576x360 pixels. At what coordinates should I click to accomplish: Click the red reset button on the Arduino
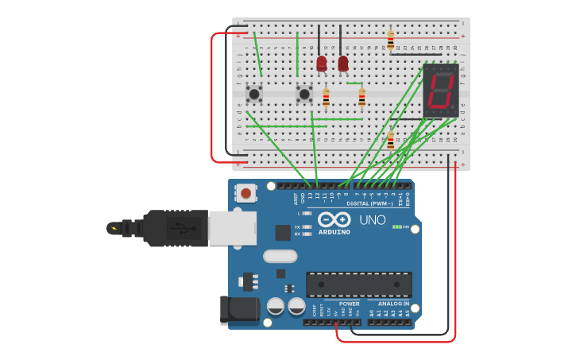(x=246, y=192)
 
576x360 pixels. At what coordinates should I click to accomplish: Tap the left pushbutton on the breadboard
(x=254, y=95)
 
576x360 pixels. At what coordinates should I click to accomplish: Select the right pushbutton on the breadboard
(x=304, y=95)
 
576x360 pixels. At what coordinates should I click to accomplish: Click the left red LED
(x=321, y=63)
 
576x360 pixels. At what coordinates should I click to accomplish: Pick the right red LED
(x=342, y=63)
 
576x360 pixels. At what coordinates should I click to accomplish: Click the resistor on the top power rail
(x=390, y=39)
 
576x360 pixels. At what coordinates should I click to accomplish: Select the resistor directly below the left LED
(x=326, y=98)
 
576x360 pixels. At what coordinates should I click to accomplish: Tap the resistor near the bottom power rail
(x=390, y=141)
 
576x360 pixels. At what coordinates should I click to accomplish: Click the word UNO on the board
(x=372, y=220)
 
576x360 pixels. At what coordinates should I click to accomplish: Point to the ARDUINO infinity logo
(x=334, y=219)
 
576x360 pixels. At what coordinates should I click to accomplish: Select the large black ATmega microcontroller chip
(x=358, y=284)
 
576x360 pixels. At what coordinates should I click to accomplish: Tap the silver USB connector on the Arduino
(x=232, y=227)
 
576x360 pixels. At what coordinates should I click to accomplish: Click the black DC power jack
(x=239, y=309)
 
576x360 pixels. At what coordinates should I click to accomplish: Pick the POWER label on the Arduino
(x=349, y=304)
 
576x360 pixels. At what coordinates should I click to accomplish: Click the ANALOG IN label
(x=394, y=304)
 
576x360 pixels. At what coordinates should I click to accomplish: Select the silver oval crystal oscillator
(x=280, y=256)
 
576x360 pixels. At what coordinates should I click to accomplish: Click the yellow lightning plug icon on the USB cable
(x=114, y=229)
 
